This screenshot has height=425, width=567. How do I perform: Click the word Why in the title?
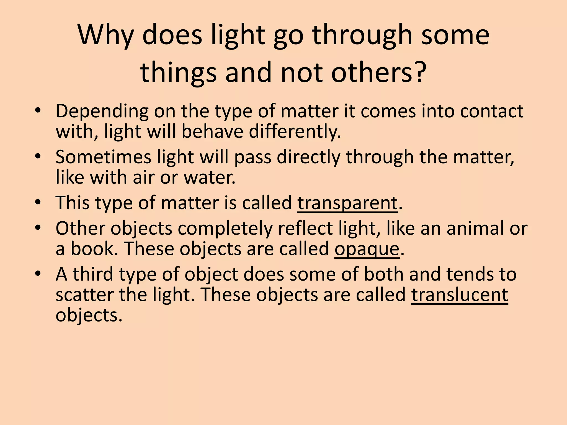pyautogui.click(x=105, y=35)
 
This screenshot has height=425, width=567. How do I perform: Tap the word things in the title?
pyautogui.click(x=178, y=72)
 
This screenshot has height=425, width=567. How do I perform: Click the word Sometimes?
pyautogui.click(x=103, y=157)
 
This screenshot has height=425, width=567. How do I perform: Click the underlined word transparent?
pyautogui.click(x=347, y=203)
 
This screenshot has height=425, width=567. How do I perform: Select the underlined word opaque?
pyautogui.click(x=367, y=249)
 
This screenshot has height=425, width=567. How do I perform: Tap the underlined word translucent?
pyautogui.click(x=460, y=295)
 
